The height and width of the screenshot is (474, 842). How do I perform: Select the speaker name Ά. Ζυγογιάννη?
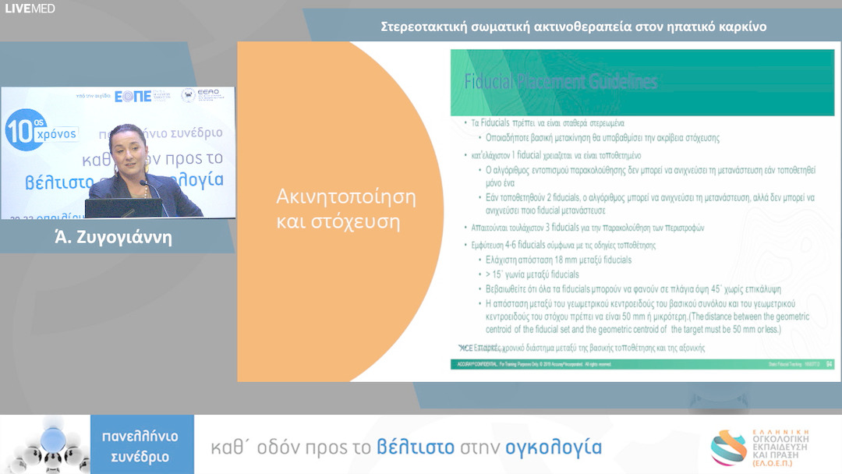(118, 237)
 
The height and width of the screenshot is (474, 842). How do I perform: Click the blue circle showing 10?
(23, 129)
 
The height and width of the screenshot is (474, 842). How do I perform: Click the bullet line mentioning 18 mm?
(558, 260)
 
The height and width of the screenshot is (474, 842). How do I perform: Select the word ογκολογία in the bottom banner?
(554, 447)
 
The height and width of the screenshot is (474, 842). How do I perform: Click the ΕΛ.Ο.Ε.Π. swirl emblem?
(728, 447)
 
